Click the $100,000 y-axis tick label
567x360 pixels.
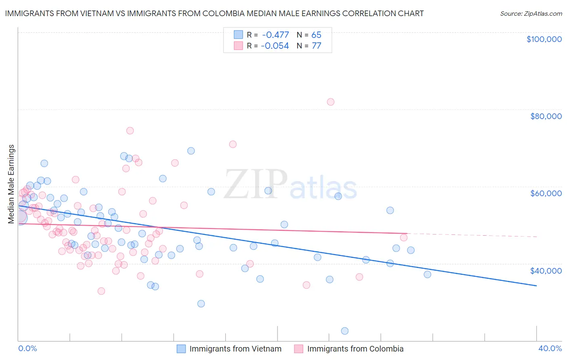[x=544, y=39]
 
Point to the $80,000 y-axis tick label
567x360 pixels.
[x=546, y=116]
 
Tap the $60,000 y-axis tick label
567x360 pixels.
[x=546, y=193]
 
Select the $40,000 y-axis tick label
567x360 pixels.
[x=546, y=270]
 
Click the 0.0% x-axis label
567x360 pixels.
[x=27, y=348]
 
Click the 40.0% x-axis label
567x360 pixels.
[x=550, y=348]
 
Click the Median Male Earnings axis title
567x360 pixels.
[x=11, y=184]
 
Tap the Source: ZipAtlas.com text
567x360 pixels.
[x=531, y=14]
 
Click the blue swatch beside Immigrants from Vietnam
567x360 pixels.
[x=181, y=349]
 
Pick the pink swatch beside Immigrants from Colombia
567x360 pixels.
[x=298, y=349]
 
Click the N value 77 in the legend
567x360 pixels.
[x=316, y=46]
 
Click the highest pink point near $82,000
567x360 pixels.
[x=331, y=102]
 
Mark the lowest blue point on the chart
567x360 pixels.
[x=345, y=331]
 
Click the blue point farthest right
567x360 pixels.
[x=427, y=274]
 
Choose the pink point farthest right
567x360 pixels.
[x=404, y=237]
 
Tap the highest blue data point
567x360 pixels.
[x=191, y=151]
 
